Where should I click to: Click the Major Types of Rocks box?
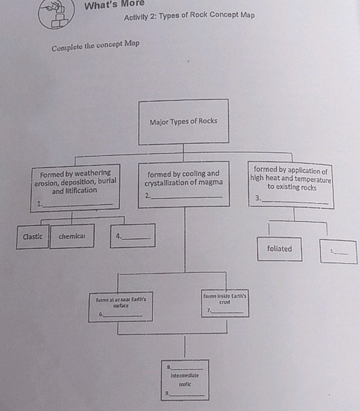click(183, 122)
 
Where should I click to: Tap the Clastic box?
click(32, 236)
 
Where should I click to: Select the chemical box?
click(72, 236)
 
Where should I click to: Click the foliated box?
click(279, 249)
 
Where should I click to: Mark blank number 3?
click(294, 200)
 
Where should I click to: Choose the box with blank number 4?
click(133, 236)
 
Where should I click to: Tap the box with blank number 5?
click(338, 251)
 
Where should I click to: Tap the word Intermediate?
click(185, 375)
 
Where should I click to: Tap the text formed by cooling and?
click(183, 174)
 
